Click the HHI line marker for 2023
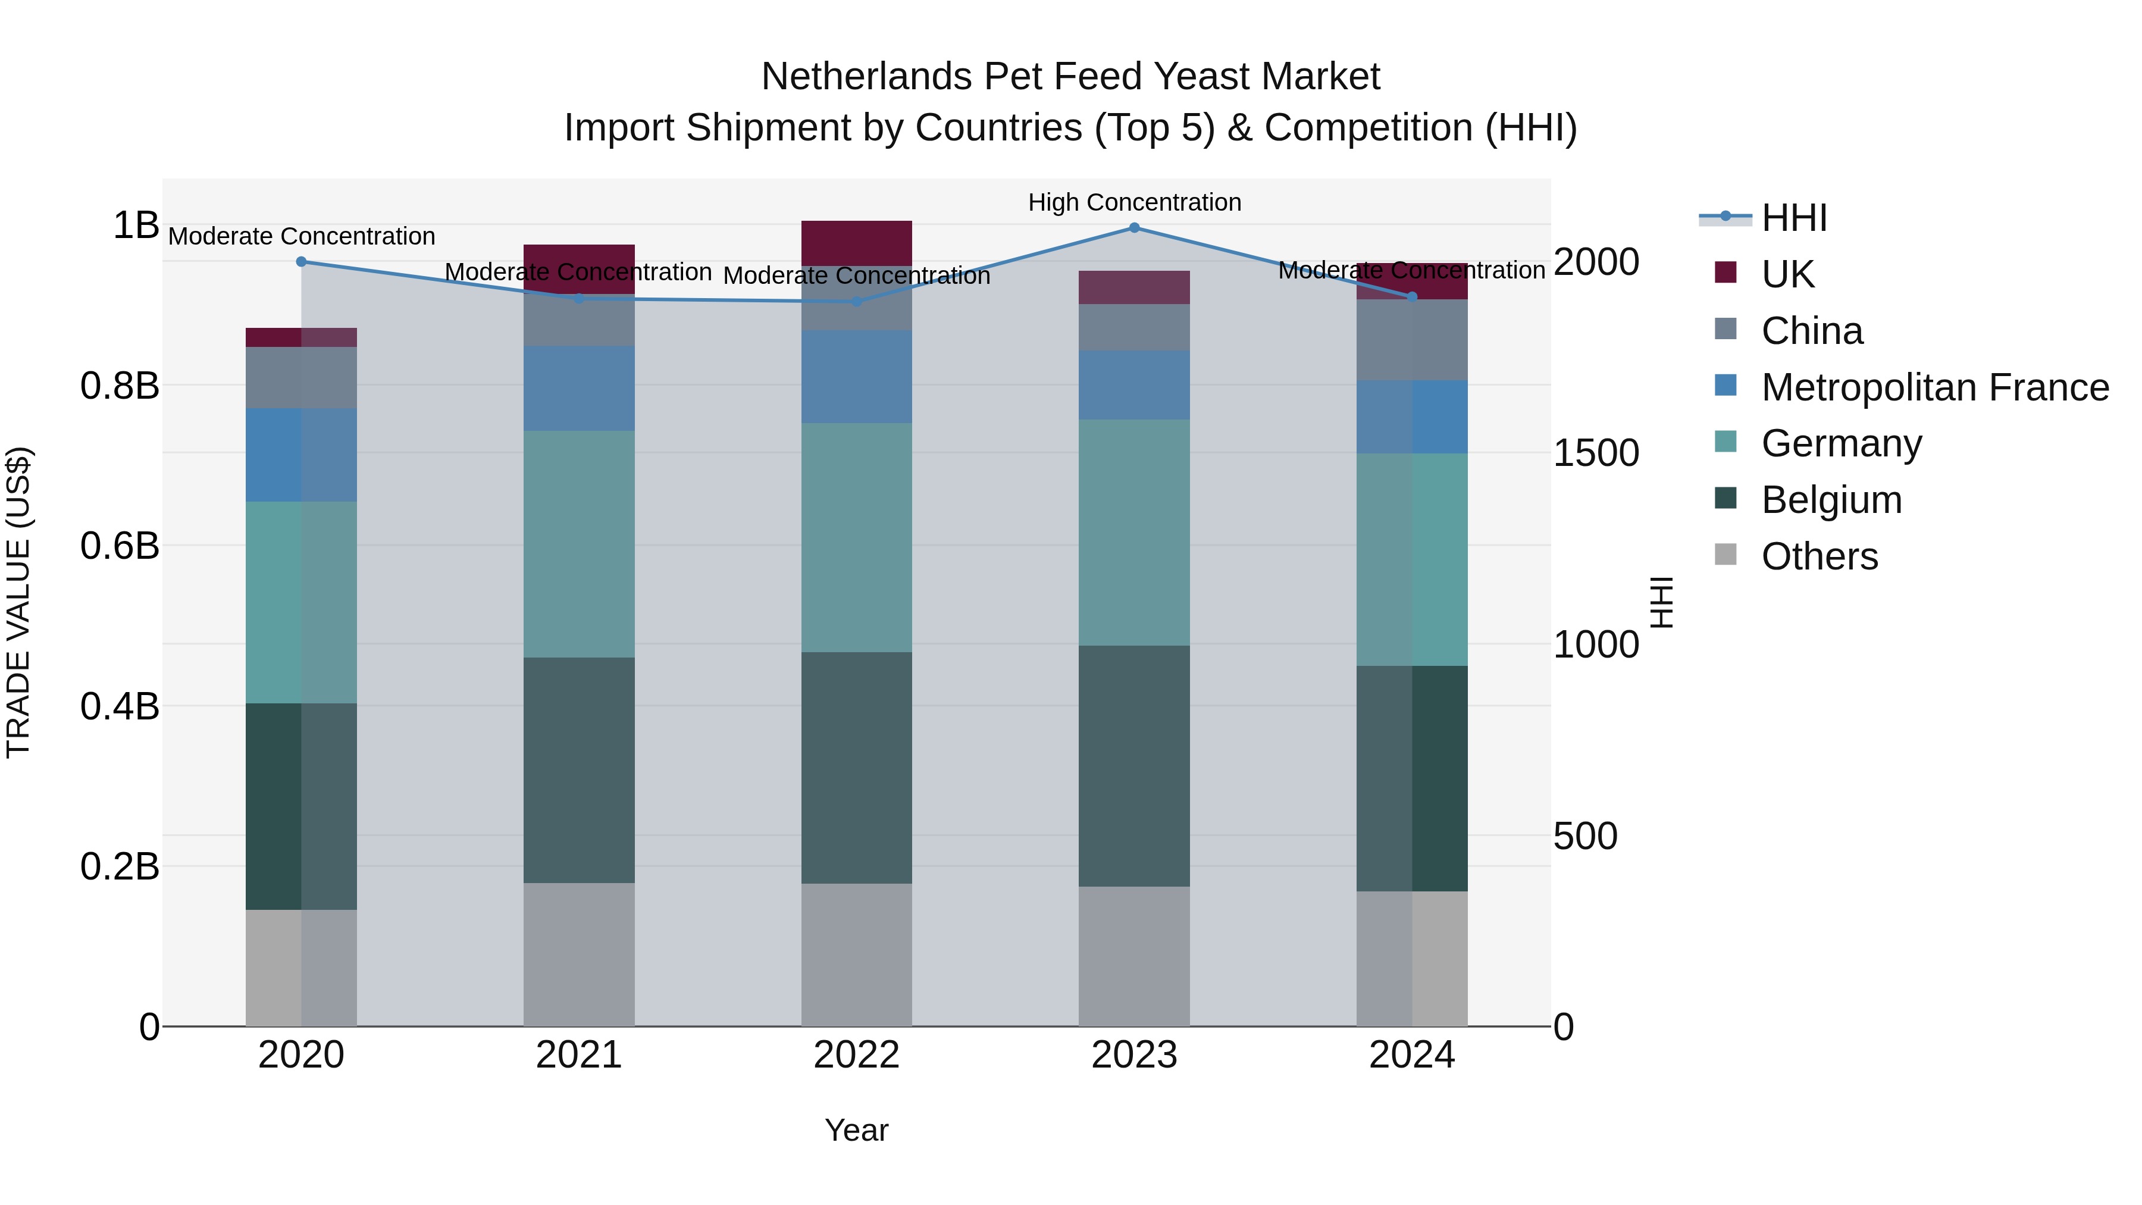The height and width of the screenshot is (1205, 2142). tap(1133, 228)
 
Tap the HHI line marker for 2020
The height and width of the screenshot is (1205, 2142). tap(301, 262)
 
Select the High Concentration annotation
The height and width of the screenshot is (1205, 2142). tap(1134, 202)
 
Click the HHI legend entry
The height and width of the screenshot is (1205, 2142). tap(1793, 218)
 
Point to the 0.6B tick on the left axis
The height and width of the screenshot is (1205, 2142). tap(120, 546)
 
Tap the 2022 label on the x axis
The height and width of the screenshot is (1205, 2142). tap(856, 1055)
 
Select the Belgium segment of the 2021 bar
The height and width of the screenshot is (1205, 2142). tap(579, 769)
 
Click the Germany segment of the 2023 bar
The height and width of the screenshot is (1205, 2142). tap(1133, 532)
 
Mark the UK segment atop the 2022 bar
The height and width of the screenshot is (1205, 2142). tap(856, 243)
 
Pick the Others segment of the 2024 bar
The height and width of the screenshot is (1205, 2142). tap(1411, 958)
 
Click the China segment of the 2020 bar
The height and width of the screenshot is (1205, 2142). tap(301, 377)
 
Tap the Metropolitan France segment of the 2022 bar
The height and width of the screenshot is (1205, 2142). tap(856, 377)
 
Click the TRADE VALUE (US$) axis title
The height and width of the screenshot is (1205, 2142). tap(18, 602)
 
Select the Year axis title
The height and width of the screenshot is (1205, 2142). tap(856, 1130)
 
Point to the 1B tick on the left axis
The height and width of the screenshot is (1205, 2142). tap(136, 226)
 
